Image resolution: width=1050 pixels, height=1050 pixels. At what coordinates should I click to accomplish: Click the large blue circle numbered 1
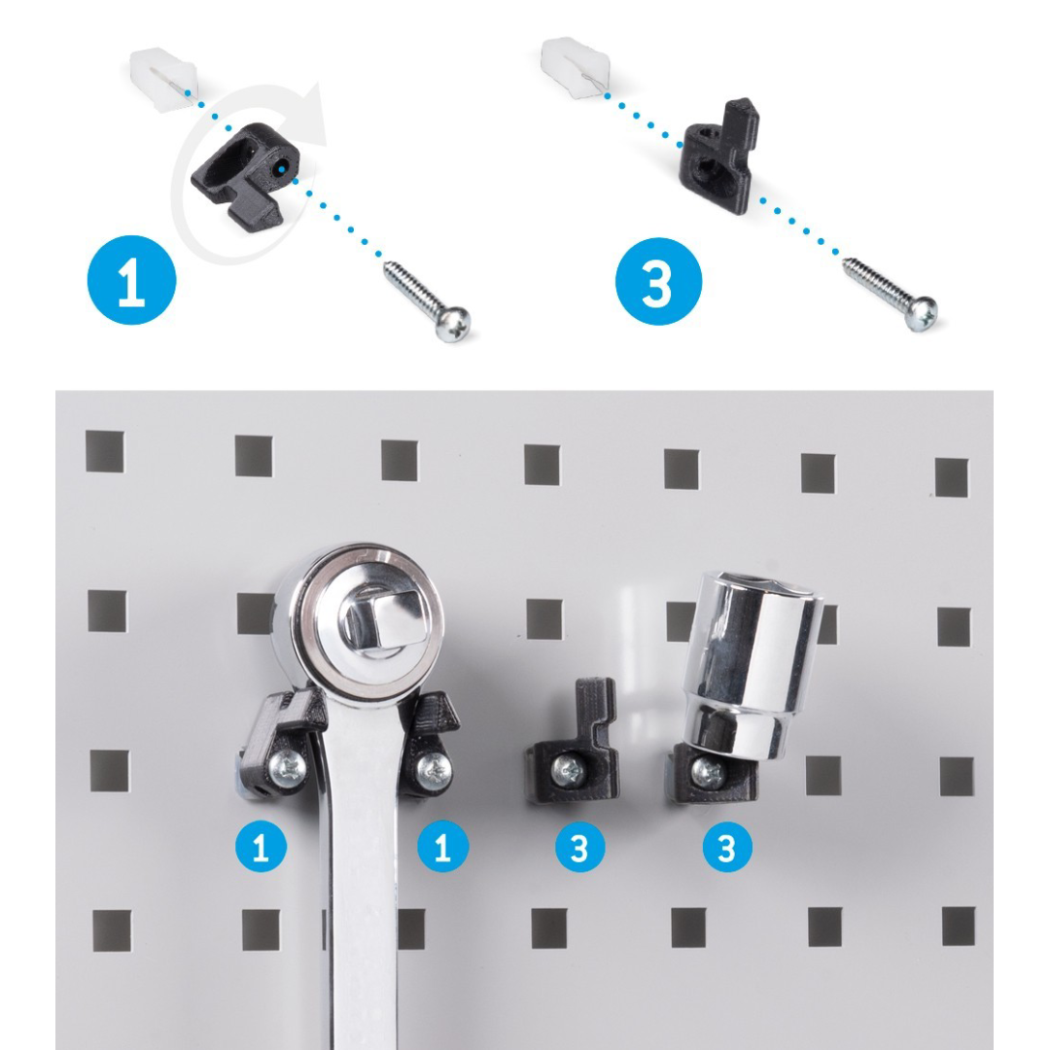132,280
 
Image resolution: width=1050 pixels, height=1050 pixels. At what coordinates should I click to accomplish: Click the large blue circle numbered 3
658,281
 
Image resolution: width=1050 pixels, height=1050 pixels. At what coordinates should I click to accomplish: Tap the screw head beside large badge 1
452,324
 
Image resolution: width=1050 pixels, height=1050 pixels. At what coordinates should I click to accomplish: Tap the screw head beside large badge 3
921,313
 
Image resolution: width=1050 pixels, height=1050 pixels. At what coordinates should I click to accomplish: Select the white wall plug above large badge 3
576,68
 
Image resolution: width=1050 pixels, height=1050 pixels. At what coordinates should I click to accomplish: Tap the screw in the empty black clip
568,770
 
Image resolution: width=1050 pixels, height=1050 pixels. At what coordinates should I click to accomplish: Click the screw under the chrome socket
709,771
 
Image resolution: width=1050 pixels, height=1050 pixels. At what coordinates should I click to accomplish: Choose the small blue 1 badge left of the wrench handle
262,847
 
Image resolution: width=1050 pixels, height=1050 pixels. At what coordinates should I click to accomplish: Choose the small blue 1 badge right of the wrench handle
442,847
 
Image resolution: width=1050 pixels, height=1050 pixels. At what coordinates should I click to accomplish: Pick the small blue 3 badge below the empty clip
579,847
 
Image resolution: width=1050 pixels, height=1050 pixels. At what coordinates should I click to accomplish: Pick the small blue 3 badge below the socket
727,847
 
